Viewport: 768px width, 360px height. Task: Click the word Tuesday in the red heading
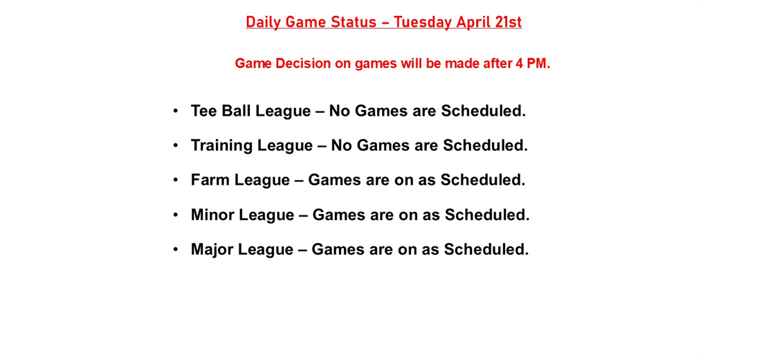pyautogui.click(x=423, y=22)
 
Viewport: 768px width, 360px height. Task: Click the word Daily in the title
pyautogui.click(x=262, y=22)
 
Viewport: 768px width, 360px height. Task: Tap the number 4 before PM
pyautogui.click(x=518, y=64)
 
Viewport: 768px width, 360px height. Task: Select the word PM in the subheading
pyautogui.click(x=537, y=64)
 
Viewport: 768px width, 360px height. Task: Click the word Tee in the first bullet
pyautogui.click(x=204, y=111)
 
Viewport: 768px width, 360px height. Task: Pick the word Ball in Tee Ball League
pyautogui.click(x=237, y=111)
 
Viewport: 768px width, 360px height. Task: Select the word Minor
pyautogui.click(x=212, y=215)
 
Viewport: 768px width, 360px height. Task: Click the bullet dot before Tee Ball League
pyautogui.click(x=176, y=110)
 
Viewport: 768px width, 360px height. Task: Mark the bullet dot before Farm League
pyautogui.click(x=176, y=179)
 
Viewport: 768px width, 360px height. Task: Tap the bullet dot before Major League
pyautogui.click(x=176, y=249)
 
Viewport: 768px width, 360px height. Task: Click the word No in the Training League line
pyautogui.click(x=341, y=145)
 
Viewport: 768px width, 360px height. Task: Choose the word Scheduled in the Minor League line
pyautogui.click(x=486, y=215)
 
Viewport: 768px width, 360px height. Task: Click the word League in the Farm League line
pyautogui.click(x=262, y=180)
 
